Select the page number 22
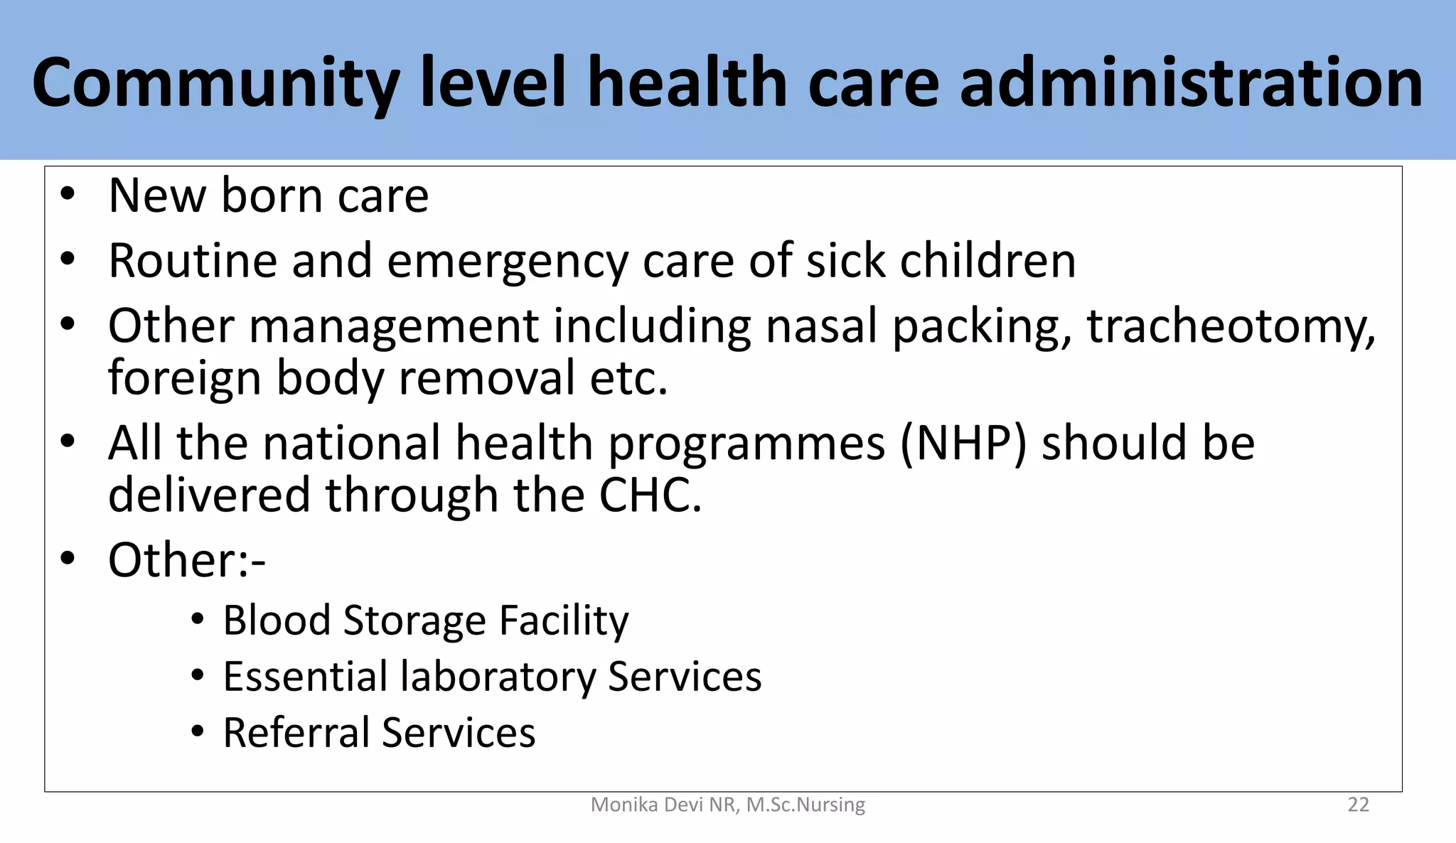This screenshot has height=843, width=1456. point(1358,805)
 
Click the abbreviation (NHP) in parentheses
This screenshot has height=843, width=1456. point(963,444)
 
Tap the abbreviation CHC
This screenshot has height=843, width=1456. point(650,495)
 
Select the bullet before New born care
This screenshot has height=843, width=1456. point(68,195)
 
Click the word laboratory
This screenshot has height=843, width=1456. point(497,676)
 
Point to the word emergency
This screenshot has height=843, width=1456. point(508,262)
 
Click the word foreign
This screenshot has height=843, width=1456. point(184,379)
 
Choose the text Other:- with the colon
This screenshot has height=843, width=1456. point(186,560)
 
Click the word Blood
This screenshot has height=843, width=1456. point(277,621)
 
